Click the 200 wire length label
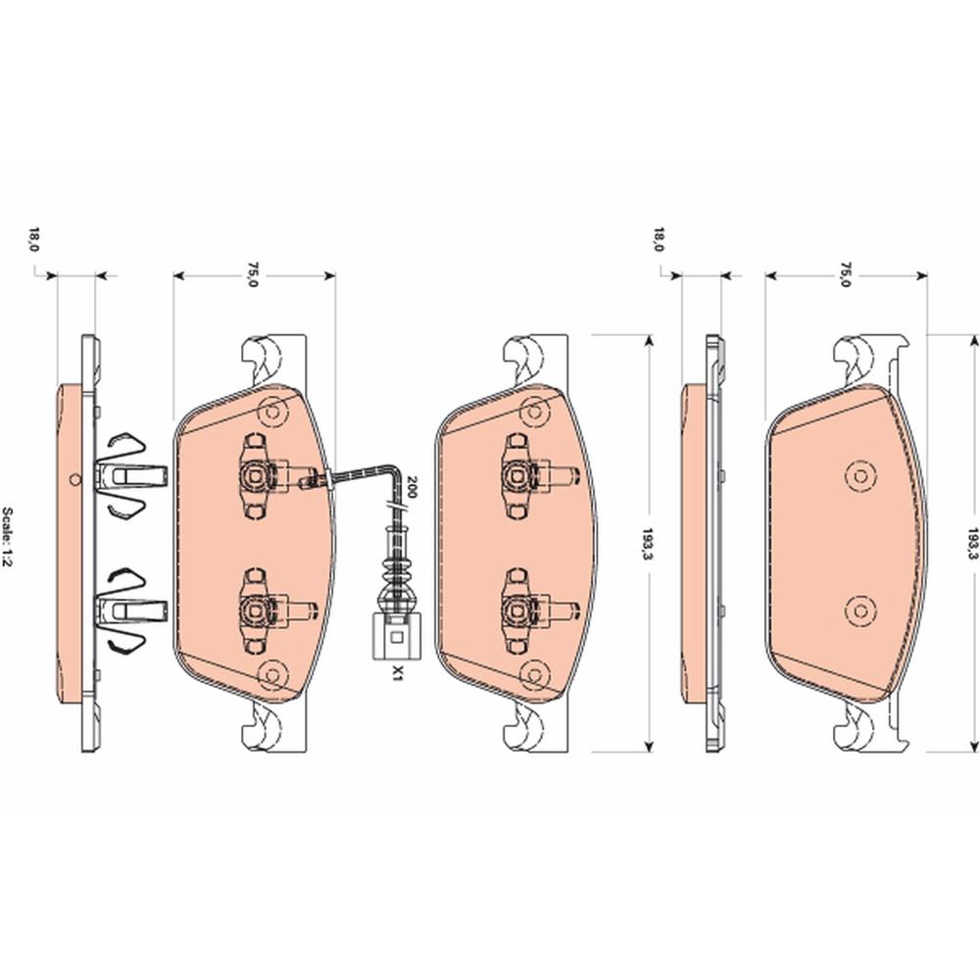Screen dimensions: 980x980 pos(412,487)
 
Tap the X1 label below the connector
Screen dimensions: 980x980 pos(396,673)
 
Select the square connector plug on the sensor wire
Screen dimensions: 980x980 pos(396,636)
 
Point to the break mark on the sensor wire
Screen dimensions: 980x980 pos(394,504)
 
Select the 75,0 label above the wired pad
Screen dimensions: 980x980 pos(253,274)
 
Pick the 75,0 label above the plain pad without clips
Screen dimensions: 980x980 pos(846,274)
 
